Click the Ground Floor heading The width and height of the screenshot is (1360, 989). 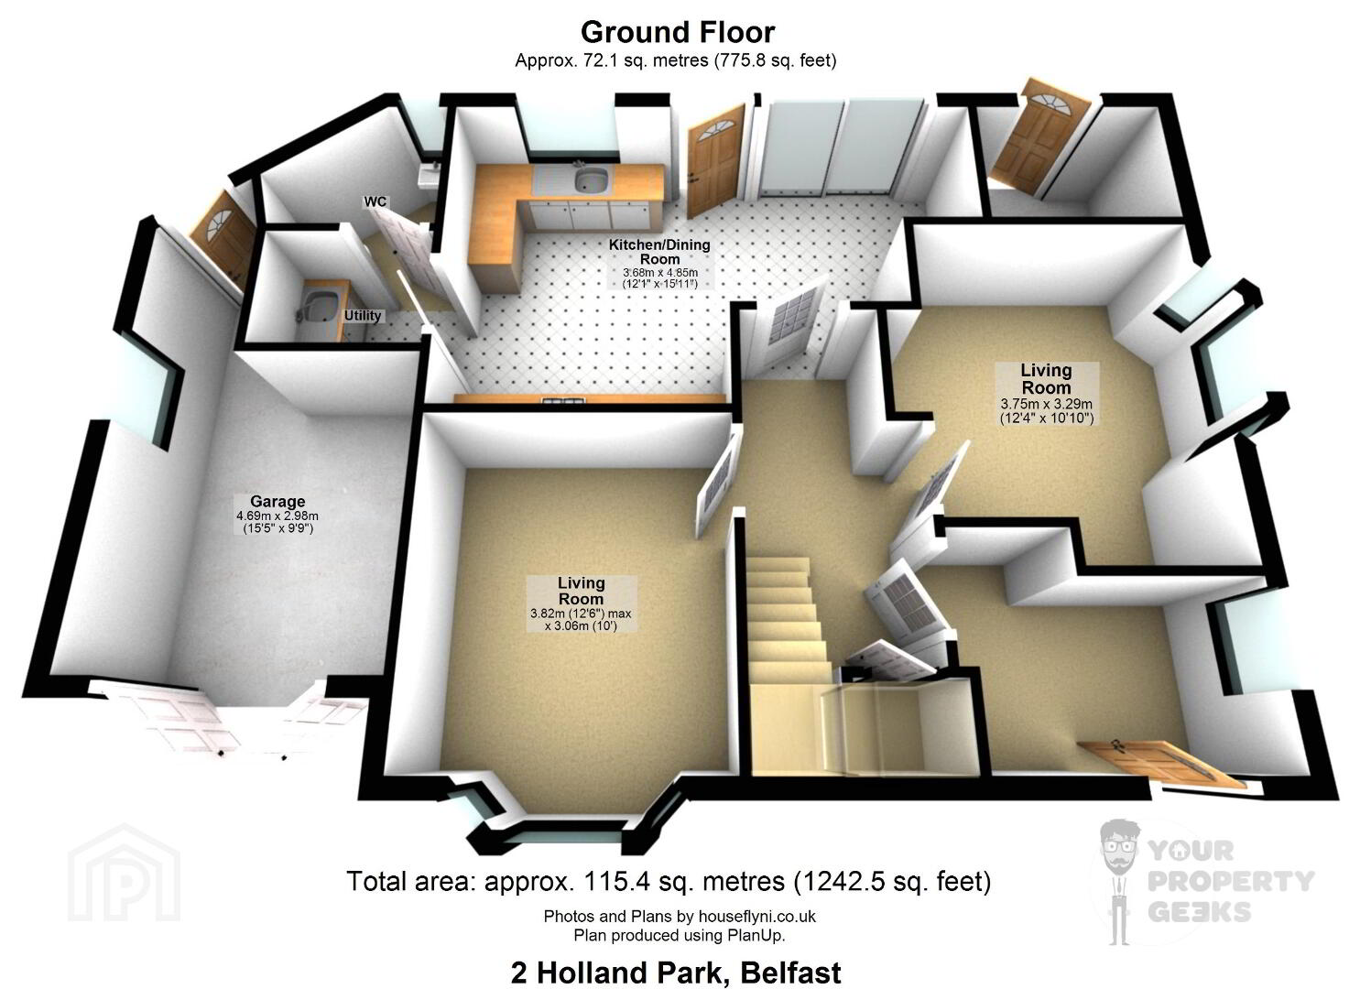click(678, 33)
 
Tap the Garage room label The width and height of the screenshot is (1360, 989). click(277, 502)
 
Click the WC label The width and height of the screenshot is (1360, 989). click(375, 201)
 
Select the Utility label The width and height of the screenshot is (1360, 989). click(363, 316)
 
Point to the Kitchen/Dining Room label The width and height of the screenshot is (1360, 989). click(659, 251)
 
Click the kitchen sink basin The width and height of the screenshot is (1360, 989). click(591, 179)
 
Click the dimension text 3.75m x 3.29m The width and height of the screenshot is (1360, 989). click(1046, 404)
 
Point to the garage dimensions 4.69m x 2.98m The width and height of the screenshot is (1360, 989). click(277, 516)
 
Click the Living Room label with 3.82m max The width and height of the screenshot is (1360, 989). click(581, 591)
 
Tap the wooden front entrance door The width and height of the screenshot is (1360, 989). click(1163, 762)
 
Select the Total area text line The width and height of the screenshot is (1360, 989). click(669, 881)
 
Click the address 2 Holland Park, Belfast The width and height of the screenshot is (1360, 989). click(677, 972)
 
